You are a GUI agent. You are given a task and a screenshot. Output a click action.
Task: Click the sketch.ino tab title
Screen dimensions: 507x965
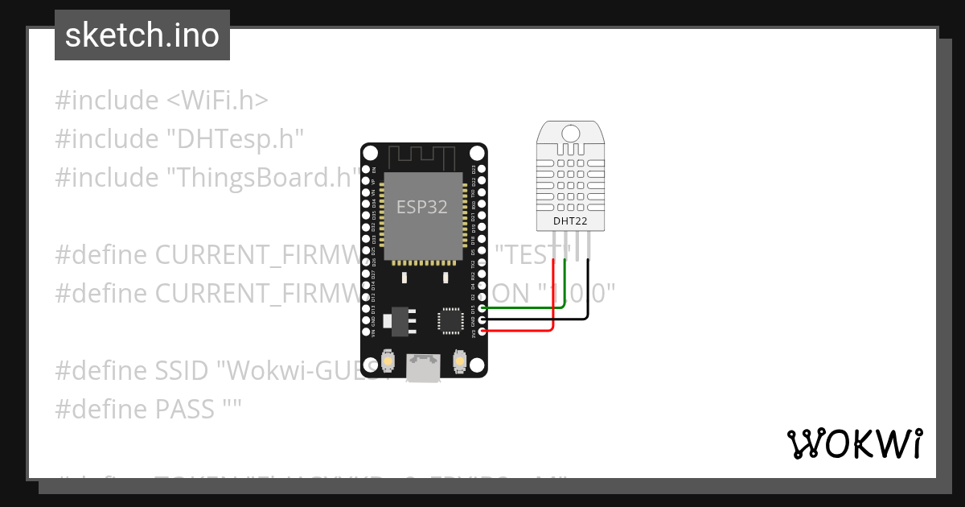coord(142,35)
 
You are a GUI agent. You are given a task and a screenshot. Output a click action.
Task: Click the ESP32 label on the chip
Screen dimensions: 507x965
coord(422,207)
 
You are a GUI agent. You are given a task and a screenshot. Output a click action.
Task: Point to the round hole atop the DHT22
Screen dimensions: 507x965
coord(570,133)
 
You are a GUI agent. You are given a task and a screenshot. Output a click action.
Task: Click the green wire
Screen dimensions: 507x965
coord(531,307)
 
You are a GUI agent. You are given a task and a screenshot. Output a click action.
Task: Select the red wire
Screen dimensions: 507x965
coord(523,330)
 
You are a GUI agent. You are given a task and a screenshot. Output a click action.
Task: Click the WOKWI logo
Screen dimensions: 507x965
coord(854,443)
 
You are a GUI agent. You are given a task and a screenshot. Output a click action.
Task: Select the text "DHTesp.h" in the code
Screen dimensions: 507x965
coord(235,139)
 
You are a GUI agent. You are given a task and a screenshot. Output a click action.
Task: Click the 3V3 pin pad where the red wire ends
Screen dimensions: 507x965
coord(482,331)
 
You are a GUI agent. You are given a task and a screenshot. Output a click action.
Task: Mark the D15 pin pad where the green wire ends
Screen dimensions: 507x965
coord(482,307)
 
